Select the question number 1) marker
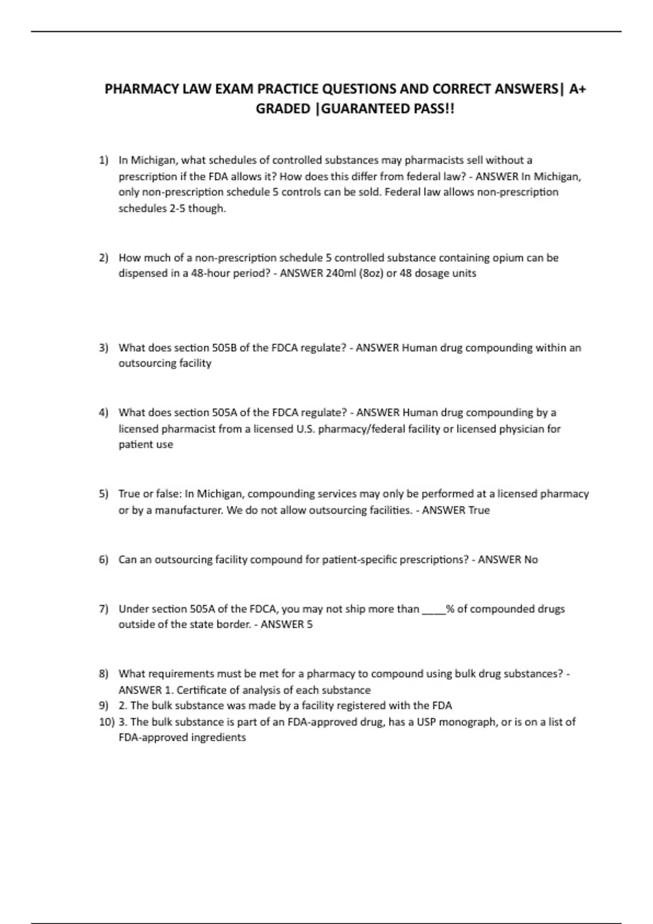coord(103,160)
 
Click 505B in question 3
coord(224,348)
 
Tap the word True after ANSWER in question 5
coord(479,510)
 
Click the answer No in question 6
coord(531,560)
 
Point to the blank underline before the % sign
coord(434,609)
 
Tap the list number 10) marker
coord(106,722)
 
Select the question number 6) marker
coord(103,560)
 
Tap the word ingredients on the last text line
coord(216,738)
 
